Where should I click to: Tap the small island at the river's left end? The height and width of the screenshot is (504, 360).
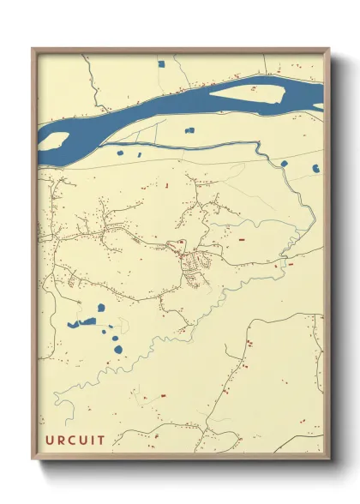tap(53, 140)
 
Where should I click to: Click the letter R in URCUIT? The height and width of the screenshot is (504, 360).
tap(62, 440)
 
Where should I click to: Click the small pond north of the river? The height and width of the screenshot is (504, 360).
tap(160, 63)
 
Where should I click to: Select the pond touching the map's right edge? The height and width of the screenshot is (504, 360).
tap(316, 168)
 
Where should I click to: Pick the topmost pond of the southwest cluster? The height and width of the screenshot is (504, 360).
tap(101, 308)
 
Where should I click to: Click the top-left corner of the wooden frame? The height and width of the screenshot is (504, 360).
tap(33, 48)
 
